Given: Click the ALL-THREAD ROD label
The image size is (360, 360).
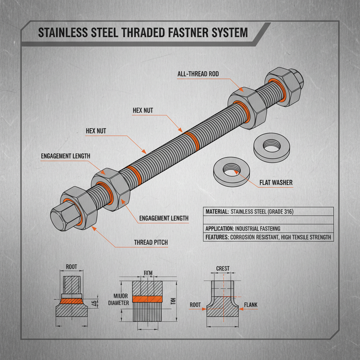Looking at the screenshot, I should tap(198, 74).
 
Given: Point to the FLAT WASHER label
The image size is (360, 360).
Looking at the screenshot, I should tap(276, 183).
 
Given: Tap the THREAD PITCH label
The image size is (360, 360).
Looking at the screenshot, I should tap(151, 243).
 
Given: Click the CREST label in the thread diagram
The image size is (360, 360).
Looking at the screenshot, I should tap(223, 269).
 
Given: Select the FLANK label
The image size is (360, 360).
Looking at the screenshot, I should tap(250, 305).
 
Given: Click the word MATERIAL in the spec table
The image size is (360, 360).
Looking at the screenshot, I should tap(216, 212).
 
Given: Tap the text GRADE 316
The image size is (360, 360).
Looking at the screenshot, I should tap(279, 212).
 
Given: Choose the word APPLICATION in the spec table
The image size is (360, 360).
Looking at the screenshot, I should tap(219, 228).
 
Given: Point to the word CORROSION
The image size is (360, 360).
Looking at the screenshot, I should tap(246, 237).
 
